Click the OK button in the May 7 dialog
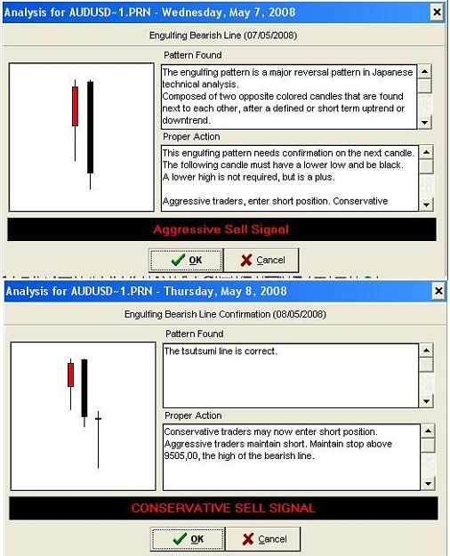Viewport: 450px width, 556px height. [186, 261]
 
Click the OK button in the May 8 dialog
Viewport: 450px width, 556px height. [188, 539]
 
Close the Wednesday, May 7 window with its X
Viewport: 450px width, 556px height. [438, 12]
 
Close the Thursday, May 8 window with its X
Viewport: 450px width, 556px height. [438, 291]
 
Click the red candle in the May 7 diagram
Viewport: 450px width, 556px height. [76, 107]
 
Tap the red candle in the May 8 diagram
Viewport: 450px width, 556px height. [70, 375]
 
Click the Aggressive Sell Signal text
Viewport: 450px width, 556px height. [221, 230]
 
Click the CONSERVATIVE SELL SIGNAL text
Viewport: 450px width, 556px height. [223, 508]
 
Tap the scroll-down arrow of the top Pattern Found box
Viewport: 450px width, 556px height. [424, 123]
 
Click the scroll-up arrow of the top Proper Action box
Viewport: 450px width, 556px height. [426, 152]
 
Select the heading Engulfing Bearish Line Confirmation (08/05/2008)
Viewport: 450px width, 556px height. [225, 315]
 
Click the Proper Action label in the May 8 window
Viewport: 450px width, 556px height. [193, 415]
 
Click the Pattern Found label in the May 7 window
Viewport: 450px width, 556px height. [193, 55]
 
